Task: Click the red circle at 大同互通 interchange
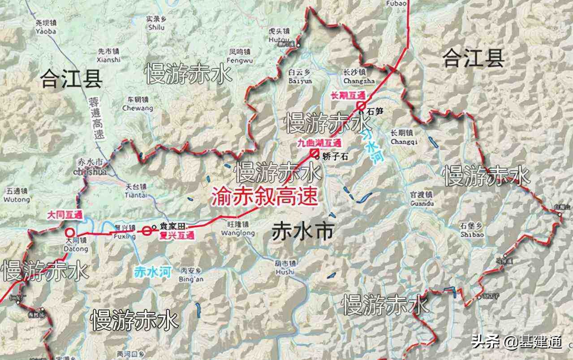pos(70,233)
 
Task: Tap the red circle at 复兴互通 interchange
pos(147,231)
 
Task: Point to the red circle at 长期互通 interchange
pos(360,106)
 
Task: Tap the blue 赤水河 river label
pos(153,271)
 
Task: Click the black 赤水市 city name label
pos(303,232)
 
